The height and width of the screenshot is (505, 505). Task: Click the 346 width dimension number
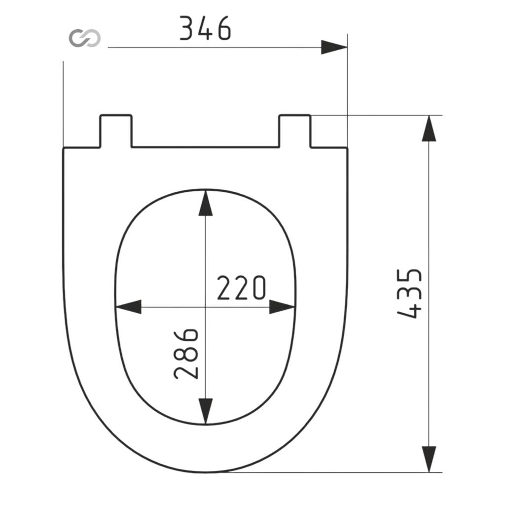point(205,28)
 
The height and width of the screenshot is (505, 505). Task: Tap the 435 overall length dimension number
point(409,293)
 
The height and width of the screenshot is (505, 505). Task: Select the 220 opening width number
point(241,288)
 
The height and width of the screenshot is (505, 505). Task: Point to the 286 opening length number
point(186,354)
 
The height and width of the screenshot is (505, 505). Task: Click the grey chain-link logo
point(85,38)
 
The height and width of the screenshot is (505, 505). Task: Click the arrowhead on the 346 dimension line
point(334,47)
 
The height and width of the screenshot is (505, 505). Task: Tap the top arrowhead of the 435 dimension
point(429,128)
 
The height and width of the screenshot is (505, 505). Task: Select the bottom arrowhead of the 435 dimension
point(429,459)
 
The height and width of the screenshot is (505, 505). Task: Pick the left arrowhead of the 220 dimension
point(128,307)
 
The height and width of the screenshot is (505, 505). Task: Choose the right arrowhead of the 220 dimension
point(282,307)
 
